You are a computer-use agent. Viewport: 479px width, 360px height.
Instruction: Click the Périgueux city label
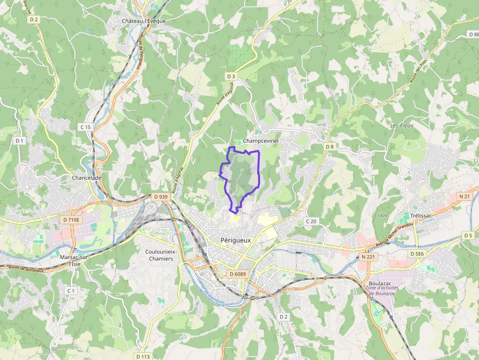coord(236,240)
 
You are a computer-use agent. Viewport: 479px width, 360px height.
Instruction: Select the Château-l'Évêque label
coord(144,21)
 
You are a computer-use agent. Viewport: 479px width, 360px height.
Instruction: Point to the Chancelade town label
coord(87,178)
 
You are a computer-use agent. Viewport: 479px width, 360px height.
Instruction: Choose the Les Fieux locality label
coord(402,126)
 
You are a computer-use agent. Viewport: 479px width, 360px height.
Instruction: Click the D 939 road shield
coord(160,197)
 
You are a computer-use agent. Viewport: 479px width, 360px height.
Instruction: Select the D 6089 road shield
coord(238,274)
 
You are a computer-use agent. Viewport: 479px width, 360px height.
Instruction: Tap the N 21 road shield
coord(464,196)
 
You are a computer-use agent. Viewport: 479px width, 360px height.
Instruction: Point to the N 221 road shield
coord(368,256)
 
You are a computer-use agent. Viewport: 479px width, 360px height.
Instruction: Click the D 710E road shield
coord(71,220)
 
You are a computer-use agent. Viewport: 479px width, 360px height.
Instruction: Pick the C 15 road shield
coord(86,127)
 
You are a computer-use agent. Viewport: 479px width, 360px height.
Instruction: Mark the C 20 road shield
coord(311,221)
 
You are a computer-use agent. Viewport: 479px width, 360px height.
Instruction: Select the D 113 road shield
coord(143,356)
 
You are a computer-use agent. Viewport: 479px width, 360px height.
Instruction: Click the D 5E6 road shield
coord(417,254)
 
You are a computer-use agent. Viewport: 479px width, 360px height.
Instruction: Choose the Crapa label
coord(380,215)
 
